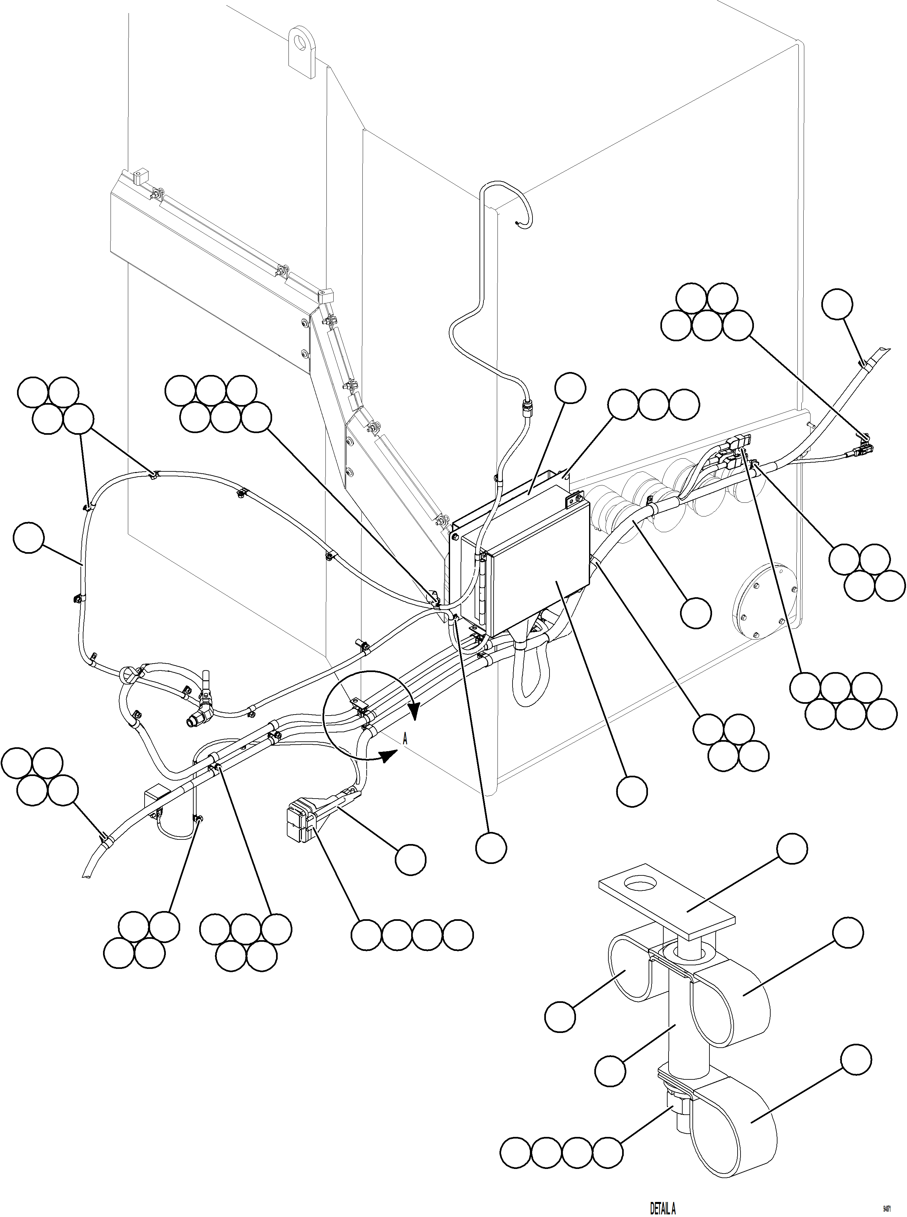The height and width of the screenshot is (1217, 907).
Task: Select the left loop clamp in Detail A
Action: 631,969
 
